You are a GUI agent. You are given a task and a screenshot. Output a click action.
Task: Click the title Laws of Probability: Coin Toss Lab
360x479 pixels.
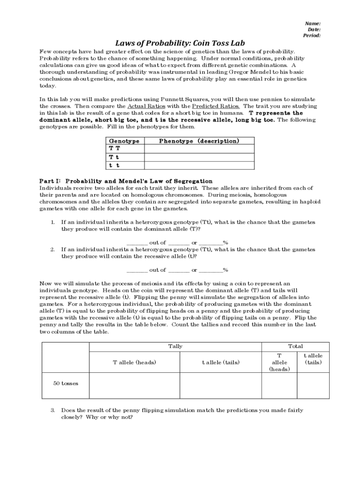180,44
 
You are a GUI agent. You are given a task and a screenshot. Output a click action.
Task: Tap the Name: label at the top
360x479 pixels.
312,23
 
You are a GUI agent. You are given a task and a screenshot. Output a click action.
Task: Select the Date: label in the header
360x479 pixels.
314,29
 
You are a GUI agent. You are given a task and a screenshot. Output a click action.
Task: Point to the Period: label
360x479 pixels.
312,36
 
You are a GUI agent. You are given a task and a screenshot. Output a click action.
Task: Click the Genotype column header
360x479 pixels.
124,141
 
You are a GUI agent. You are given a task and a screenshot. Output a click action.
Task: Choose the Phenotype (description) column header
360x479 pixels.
199,141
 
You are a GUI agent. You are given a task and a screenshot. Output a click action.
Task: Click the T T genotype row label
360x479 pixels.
115,149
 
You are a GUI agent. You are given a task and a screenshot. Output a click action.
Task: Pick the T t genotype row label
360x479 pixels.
115,157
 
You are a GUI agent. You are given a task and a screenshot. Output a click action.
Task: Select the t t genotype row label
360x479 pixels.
115,165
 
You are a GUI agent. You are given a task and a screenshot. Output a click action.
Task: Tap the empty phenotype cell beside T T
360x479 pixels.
199,149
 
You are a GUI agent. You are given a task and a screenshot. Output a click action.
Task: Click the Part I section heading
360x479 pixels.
126,181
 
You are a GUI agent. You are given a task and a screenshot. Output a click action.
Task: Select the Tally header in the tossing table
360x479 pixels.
175,346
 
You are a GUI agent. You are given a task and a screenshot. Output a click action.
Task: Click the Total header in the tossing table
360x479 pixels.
295,346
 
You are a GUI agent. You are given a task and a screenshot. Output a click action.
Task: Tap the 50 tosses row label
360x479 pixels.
65,384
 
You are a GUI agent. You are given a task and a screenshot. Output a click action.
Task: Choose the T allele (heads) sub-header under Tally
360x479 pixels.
135,362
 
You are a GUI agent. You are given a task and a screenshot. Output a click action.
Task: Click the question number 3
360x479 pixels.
53,410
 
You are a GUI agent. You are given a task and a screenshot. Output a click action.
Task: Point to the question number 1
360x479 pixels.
53,222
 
